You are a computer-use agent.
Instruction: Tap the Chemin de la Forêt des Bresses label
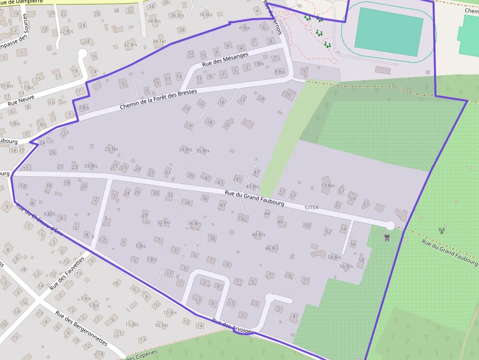pos(158,99)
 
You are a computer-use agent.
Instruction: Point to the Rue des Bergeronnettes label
pos(81,328)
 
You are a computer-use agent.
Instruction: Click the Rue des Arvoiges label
pos(233,327)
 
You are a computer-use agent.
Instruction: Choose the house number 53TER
pos(311,208)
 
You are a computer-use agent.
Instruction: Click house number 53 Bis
pos(327,186)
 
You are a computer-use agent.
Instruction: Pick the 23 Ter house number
pos(111,149)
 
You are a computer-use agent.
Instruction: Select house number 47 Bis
pos(252,187)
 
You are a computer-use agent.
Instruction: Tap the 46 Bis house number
pos(272,248)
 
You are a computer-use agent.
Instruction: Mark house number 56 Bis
pos(346,266)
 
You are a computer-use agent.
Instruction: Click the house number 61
pos(366,204)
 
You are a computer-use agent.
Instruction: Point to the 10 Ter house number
pos(161,325)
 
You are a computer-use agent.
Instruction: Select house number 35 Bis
pos(202,151)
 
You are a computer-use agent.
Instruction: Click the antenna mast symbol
pos(442,230)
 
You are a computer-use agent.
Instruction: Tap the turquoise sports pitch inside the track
pos(389,32)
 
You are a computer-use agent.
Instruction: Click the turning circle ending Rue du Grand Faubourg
pos(390,225)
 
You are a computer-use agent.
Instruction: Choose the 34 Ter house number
pos(159,42)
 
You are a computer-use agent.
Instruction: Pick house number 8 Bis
pos(280,72)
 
